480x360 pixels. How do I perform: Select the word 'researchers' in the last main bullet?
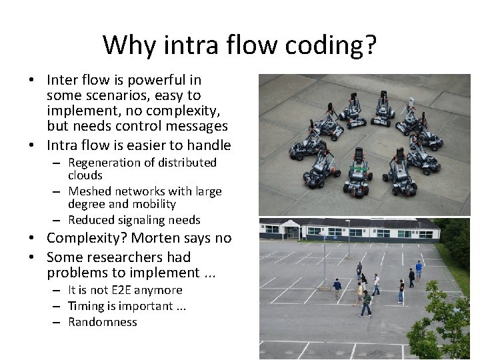[140, 257]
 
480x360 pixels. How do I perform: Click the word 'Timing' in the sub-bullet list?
[86, 306]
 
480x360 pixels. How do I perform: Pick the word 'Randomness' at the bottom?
[103, 322]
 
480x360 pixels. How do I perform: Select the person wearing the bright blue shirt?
[419, 269]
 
